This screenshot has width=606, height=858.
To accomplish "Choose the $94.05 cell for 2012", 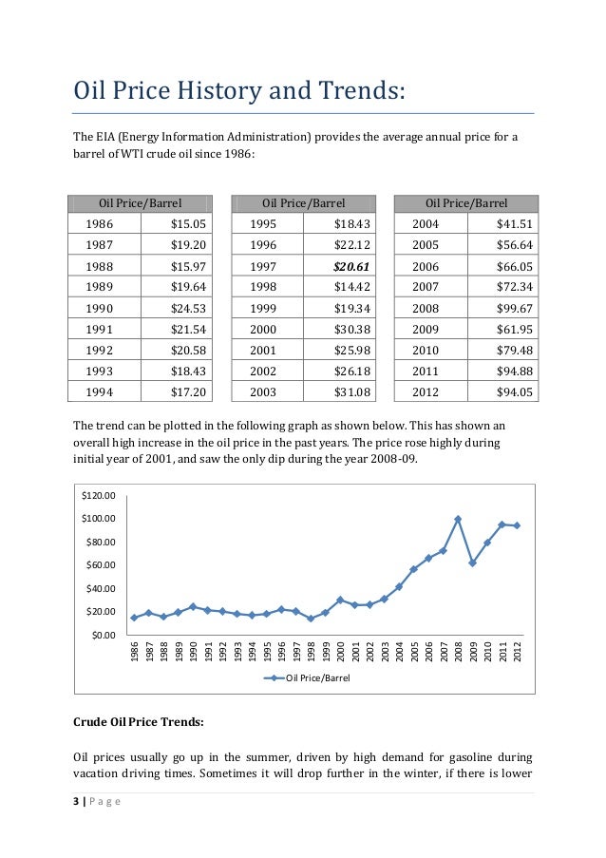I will click(513, 391).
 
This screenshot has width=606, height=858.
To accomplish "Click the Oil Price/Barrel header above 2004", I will click(466, 202).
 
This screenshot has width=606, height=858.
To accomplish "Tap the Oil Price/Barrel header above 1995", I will click(303, 202).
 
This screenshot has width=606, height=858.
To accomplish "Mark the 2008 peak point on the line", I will click(458, 519).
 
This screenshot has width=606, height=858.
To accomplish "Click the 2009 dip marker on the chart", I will click(472, 562).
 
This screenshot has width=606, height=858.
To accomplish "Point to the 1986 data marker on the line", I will click(134, 618).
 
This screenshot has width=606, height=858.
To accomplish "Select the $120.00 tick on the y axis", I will click(98, 495).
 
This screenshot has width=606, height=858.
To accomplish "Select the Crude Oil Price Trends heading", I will click(138, 722).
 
